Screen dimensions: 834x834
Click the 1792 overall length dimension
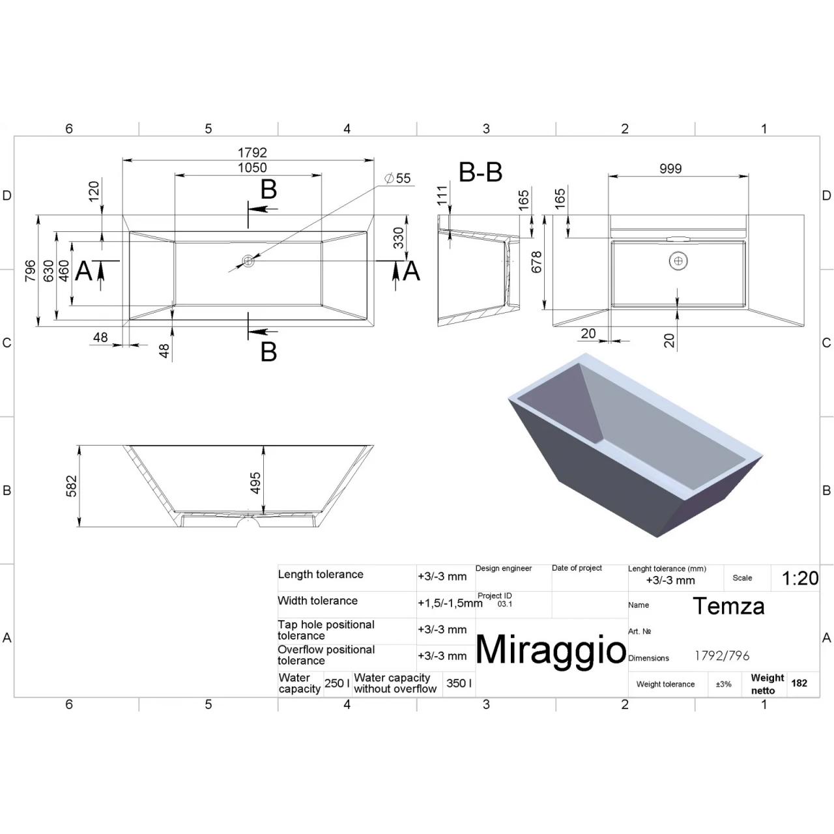[x=252, y=152]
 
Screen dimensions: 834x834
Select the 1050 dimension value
[x=252, y=167]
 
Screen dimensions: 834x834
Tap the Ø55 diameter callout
[x=397, y=178]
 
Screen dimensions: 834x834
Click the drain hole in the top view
[x=248, y=261]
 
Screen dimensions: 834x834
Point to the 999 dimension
[x=670, y=168]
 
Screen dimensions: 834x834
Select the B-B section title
[x=480, y=172]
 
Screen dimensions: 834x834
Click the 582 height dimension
[x=72, y=485]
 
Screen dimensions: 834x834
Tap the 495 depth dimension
[x=255, y=483]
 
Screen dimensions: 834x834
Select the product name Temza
[x=728, y=605]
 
